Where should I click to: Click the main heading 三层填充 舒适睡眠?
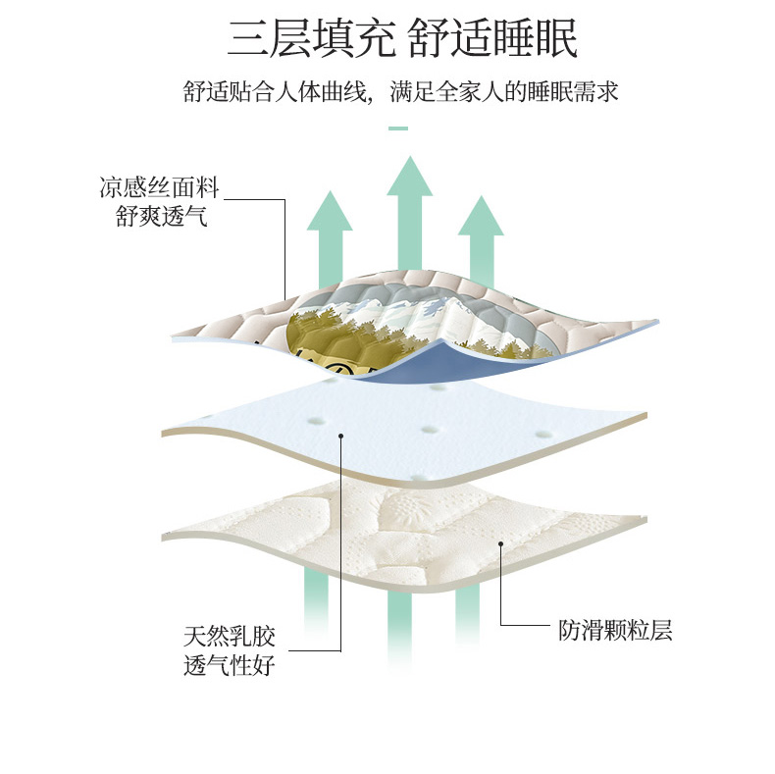click(402, 37)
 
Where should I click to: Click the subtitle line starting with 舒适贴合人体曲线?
click(401, 91)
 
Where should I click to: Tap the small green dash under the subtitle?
click(398, 129)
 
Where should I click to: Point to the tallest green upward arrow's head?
click(410, 177)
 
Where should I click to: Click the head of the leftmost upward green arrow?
click(330, 211)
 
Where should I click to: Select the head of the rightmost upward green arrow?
click(481, 216)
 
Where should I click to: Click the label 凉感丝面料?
click(159, 187)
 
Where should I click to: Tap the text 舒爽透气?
click(162, 216)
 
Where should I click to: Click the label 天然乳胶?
click(230, 637)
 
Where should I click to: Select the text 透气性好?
click(230, 665)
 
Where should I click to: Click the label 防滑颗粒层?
click(615, 630)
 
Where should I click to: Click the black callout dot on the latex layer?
click(340, 436)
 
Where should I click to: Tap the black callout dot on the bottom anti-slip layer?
click(500, 543)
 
